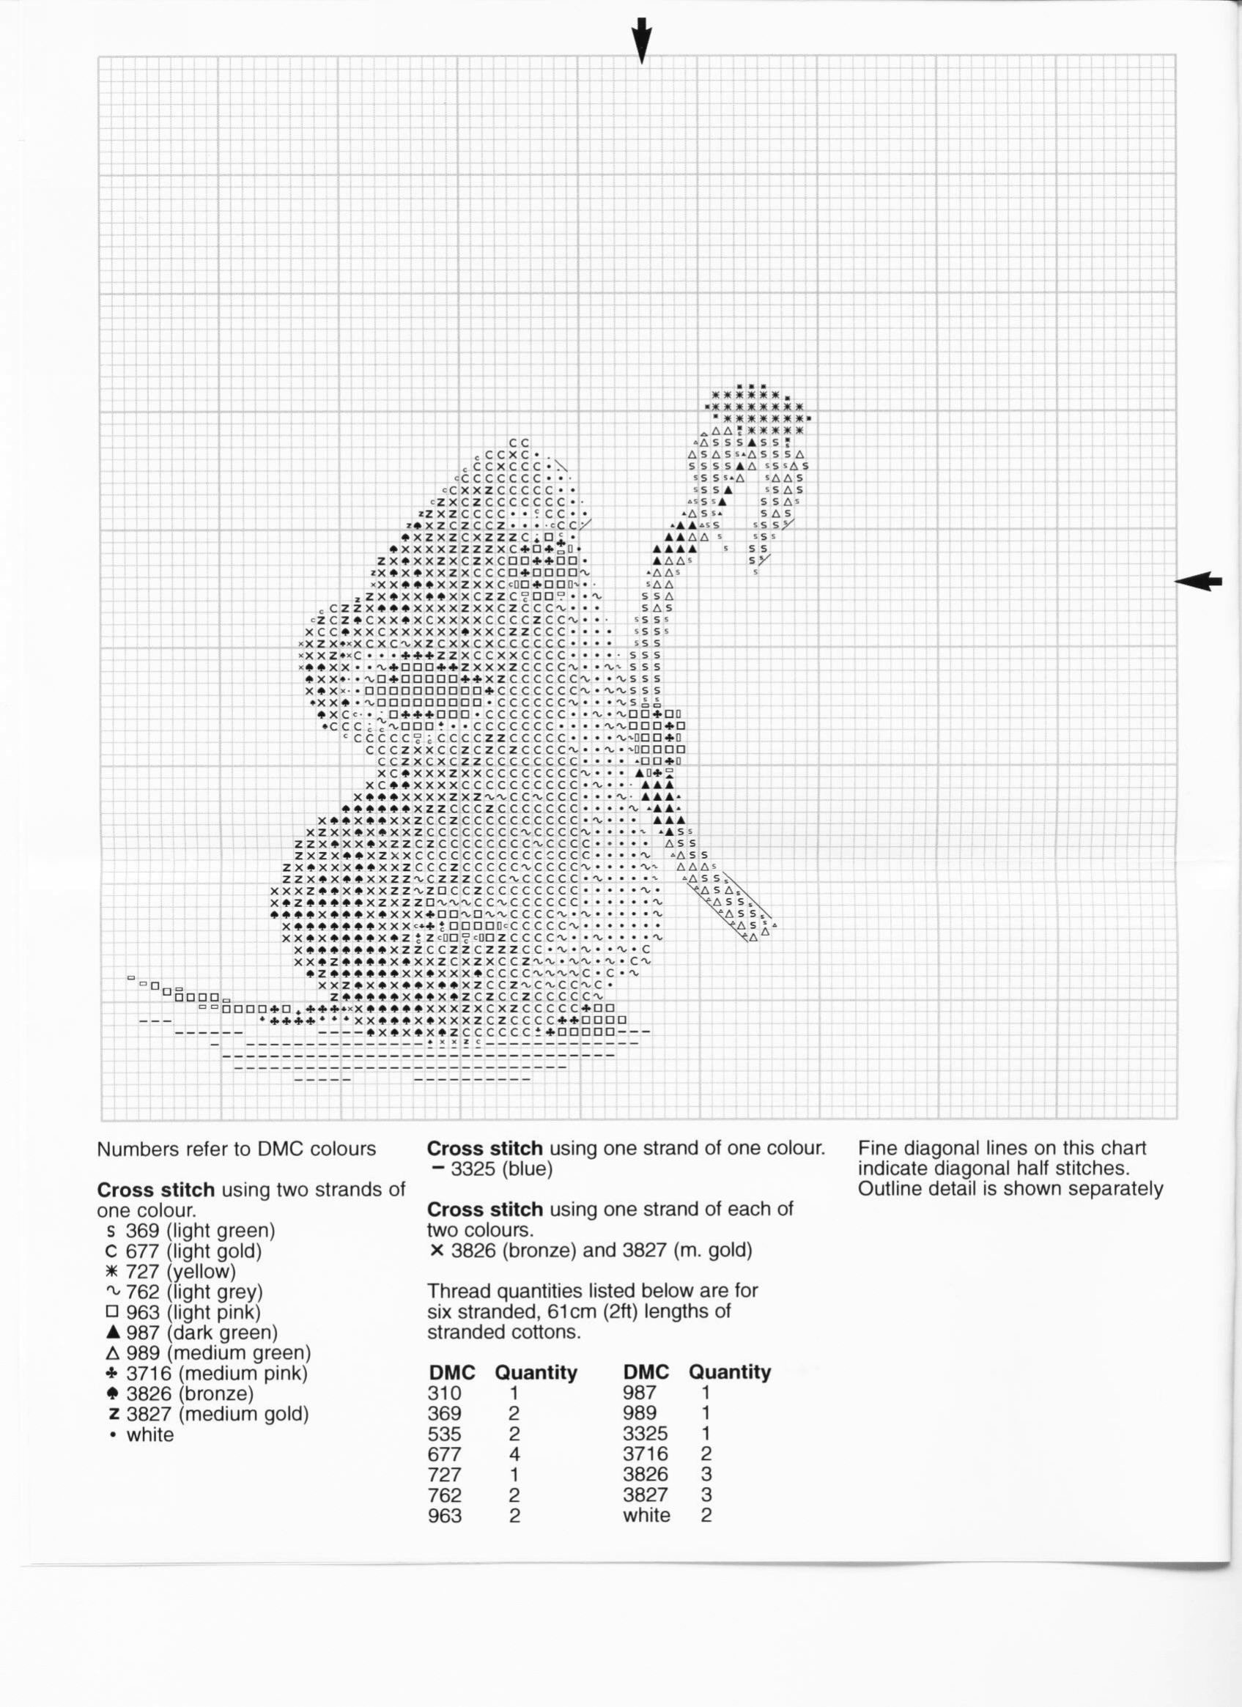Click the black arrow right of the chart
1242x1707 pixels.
pyautogui.click(x=1197, y=580)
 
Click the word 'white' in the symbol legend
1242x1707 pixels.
pyautogui.click(x=149, y=1434)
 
